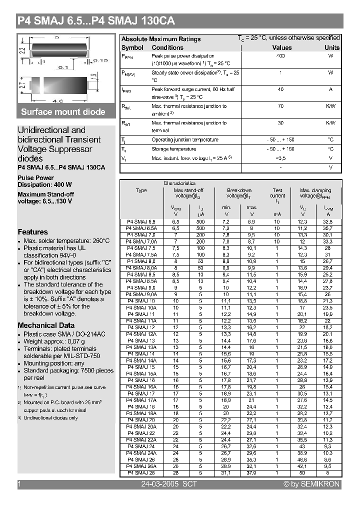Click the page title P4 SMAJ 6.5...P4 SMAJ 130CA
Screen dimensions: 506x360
[96, 21]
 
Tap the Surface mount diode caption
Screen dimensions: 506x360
[63, 112]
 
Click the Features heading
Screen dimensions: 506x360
[33, 232]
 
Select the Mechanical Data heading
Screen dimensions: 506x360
[46, 325]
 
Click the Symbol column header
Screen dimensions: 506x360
[132, 47]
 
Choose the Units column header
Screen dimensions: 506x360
[331, 47]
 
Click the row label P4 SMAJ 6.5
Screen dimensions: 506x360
[141, 221]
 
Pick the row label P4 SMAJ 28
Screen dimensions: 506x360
[141, 472]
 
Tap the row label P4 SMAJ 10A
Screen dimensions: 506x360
[141, 308]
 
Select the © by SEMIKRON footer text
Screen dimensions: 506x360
[311, 484]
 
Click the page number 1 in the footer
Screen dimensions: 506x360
[19, 484]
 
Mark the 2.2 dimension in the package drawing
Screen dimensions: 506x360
[21, 50]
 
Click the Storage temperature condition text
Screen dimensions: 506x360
[173, 149]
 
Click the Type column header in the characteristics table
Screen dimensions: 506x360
[141, 190]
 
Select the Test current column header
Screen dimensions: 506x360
[277, 193]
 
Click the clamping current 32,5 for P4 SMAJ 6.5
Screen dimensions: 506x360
[327, 221]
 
